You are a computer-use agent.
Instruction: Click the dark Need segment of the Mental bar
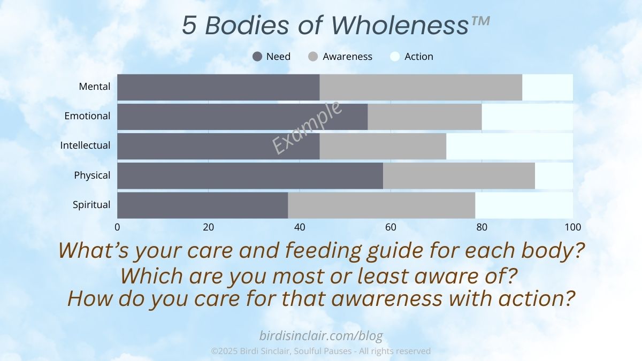coord(218,87)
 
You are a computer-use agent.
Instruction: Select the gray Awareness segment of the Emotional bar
coord(425,117)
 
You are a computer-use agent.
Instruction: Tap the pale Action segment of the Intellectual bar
coord(509,147)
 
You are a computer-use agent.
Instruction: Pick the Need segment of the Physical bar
coord(250,176)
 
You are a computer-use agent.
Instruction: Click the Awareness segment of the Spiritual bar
coord(381,205)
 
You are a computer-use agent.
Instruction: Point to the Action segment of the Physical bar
coord(554,176)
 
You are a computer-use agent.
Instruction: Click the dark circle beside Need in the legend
coord(257,57)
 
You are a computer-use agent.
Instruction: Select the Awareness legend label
coord(347,57)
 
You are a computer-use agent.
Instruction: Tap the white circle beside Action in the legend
coord(395,57)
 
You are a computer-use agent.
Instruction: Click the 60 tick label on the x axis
coord(391,227)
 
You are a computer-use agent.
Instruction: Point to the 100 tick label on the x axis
coord(572,227)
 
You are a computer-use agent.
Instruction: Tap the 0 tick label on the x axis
coord(117,227)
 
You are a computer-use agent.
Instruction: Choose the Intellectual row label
coord(85,145)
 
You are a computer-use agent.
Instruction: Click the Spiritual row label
coord(91,204)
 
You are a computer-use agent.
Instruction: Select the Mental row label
coord(95,86)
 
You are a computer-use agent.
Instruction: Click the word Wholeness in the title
coord(400,25)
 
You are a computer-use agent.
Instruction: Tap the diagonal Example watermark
coord(307,127)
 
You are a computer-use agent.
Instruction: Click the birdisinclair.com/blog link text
coord(321,335)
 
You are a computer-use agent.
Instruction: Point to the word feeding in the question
coord(323,251)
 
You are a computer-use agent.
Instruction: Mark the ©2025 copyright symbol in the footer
coord(214,351)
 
